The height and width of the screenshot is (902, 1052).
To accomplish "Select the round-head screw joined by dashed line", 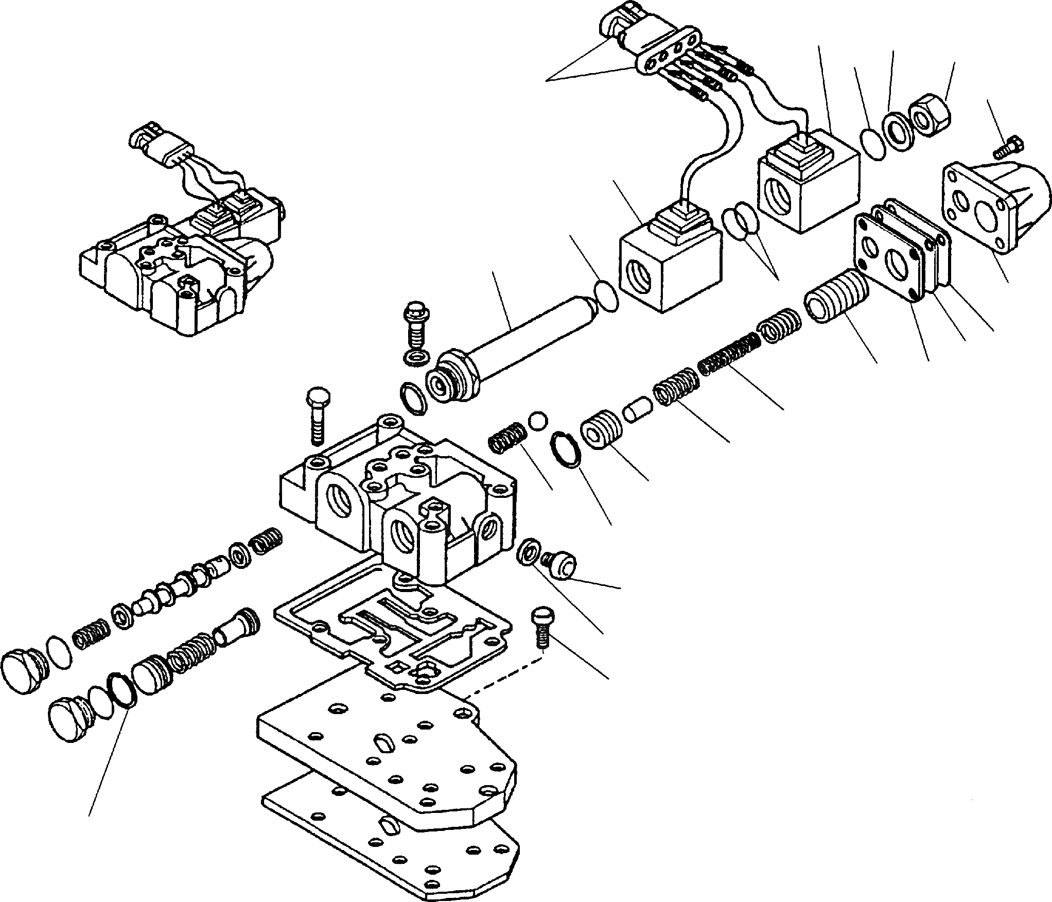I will [x=540, y=626].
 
